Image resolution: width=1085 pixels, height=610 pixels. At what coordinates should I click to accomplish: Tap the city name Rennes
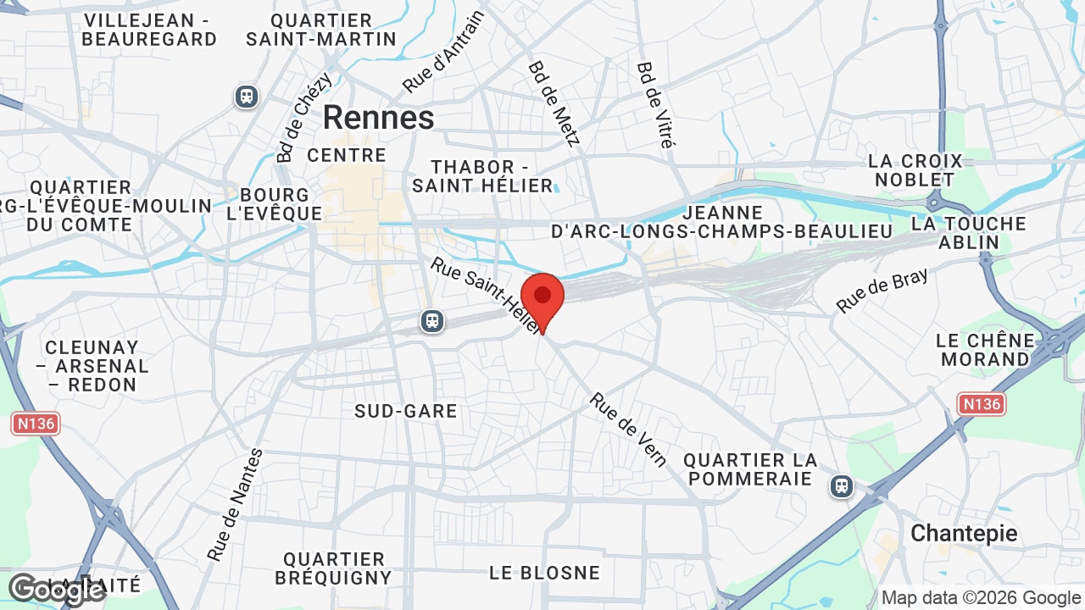coord(378,118)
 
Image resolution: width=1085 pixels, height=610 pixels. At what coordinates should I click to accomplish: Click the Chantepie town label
coord(964,533)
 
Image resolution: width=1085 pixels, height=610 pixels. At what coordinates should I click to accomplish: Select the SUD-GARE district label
coord(406,411)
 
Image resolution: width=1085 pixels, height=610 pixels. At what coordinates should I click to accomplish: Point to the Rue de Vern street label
coord(628,430)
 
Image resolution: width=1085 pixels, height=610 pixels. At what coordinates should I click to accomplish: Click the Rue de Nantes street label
coord(235,504)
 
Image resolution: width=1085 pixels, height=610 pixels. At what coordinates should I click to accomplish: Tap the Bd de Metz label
coord(554,103)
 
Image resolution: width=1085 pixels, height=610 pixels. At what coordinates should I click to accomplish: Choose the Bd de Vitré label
coord(654,104)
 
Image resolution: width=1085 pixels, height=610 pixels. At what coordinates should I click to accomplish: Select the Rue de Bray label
coord(882,291)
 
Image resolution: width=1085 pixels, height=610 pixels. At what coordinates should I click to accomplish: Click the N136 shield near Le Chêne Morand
coord(982,404)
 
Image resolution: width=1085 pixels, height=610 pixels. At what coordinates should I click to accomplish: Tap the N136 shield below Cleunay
coord(36,423)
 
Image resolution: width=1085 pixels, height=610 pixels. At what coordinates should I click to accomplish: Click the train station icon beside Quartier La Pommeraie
coord(841,486)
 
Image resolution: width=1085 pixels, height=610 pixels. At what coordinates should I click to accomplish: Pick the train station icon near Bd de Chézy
coord(247,97)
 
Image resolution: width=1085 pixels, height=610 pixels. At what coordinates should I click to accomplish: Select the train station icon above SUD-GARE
coord(432,321)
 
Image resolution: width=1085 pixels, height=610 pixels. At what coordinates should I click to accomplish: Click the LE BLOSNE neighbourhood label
coord(544,573)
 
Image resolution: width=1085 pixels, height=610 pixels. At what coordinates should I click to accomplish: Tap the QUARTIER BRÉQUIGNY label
coord(333,568)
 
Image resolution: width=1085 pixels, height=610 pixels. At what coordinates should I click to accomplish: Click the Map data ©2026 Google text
coord(981,597)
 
